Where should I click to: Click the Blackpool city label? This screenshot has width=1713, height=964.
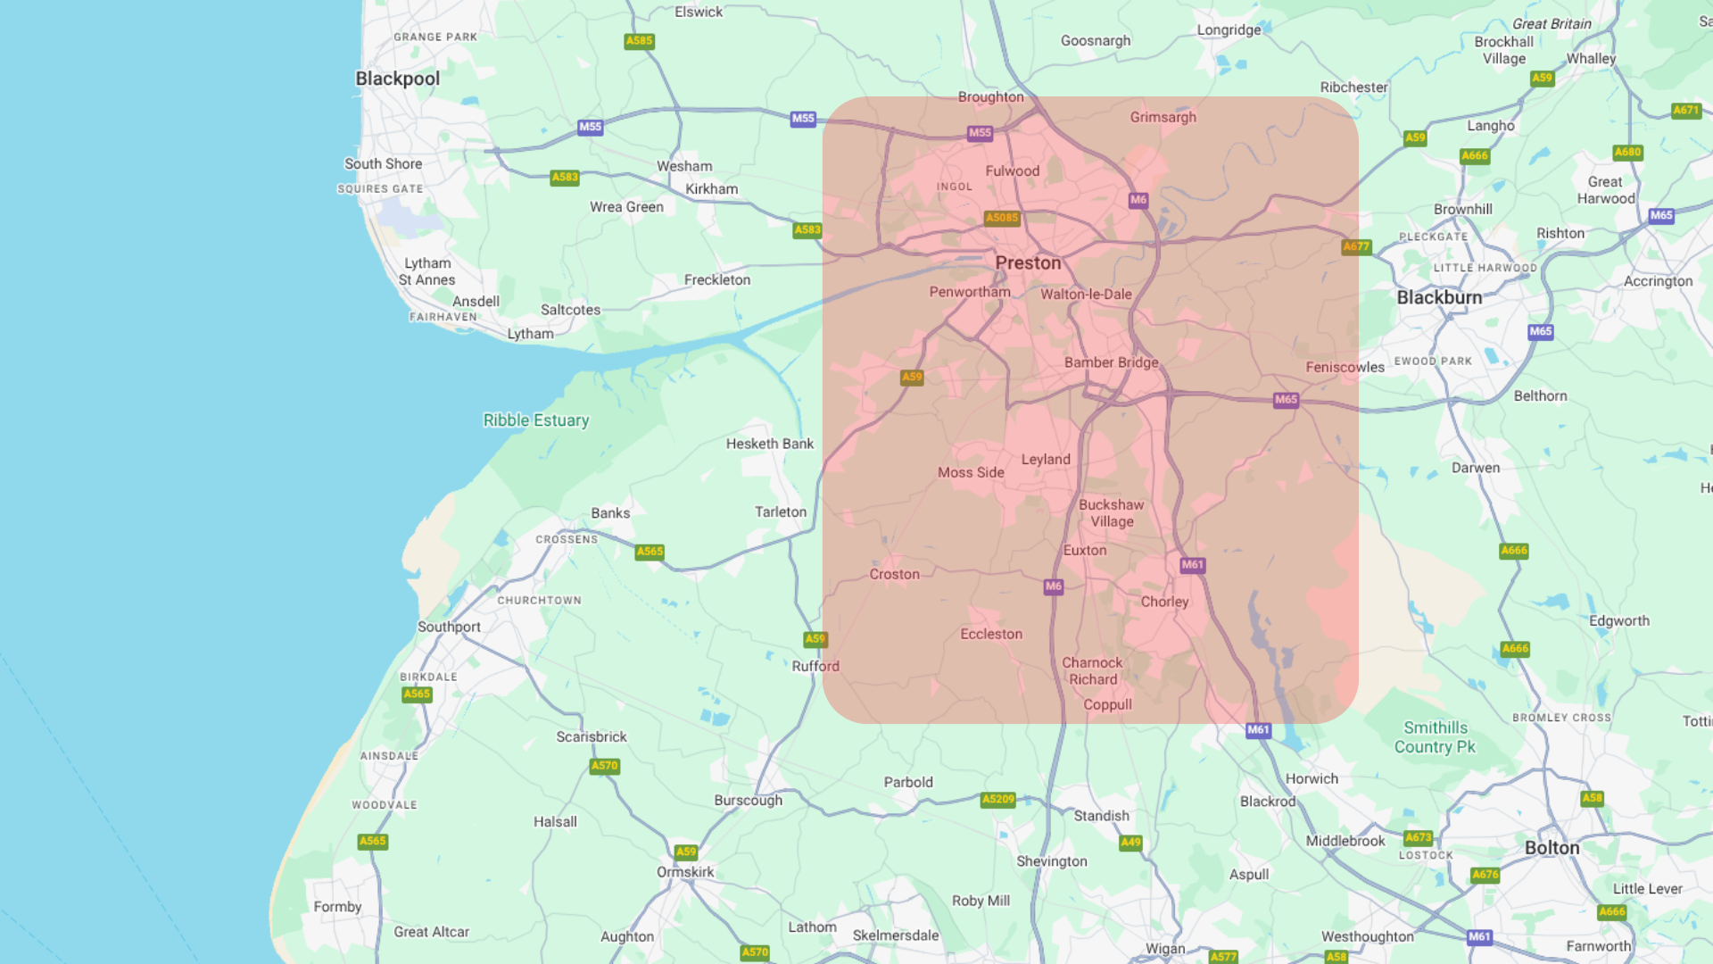click(397, 79)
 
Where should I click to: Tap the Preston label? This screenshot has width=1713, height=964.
click(1028, 263)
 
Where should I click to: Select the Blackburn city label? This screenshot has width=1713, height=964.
click(1439, 297)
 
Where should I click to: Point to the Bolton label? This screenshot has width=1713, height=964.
click(1552, 848)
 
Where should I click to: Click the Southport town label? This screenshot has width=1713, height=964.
click(449, 627)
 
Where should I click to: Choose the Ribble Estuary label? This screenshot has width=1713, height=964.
click(535, 420)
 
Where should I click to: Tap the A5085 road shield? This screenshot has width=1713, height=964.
click(1001, 218)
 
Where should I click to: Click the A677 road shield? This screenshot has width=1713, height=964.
click(1355, 246)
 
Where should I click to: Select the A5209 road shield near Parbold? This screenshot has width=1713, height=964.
click(997, 799)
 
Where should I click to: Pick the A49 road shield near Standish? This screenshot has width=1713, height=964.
click(1130, 842)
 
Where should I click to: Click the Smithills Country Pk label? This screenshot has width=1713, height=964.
click(1435, 737)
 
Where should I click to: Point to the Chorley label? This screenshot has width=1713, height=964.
click(1164, 602)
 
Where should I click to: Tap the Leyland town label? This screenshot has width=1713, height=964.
click(1046, 460)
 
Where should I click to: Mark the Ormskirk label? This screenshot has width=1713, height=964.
click(685, 872)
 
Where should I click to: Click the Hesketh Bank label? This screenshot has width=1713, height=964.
click(769, 444)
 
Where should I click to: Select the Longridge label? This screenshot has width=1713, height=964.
click(1229, 29)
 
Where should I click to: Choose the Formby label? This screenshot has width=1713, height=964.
click(337, 907)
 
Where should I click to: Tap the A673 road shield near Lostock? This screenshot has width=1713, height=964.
click(1418, 837)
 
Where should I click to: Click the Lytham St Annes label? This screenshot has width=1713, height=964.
click(426, 271)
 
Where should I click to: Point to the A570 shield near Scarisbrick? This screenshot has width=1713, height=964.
click(604, 766)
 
